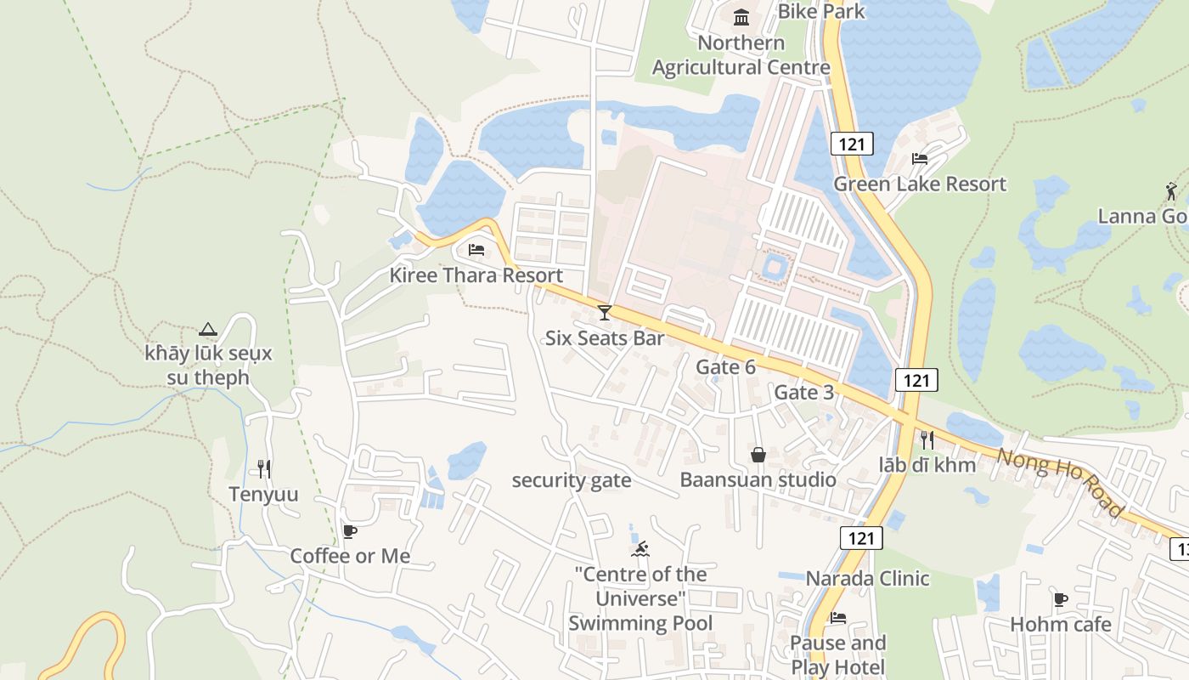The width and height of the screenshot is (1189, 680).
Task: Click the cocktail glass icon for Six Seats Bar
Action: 604,313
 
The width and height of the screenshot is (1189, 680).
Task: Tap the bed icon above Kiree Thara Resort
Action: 476,250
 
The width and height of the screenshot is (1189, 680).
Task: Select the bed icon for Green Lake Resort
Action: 920,158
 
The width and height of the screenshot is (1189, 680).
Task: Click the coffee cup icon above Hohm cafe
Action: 1061,599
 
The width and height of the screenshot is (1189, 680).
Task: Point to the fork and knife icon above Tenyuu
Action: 264,468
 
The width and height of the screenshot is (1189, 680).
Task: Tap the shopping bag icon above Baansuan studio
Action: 758,455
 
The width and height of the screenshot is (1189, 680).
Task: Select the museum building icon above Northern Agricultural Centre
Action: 741,17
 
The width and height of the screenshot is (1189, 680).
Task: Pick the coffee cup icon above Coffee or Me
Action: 349,531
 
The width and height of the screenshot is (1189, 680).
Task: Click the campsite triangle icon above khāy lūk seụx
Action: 208,329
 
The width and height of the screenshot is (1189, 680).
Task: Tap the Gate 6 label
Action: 725,367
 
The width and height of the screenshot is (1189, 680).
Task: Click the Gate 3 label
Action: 803,393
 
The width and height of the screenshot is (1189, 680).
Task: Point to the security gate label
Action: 571,480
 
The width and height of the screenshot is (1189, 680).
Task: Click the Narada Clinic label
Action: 867,579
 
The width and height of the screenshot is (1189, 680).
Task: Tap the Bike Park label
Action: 821,11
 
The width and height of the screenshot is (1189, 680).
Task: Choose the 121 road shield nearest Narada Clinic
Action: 861,537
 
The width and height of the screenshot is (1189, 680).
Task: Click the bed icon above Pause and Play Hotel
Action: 838,618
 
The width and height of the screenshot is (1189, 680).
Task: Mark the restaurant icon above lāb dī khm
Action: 927,439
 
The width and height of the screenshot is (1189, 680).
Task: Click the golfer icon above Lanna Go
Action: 1172,190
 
